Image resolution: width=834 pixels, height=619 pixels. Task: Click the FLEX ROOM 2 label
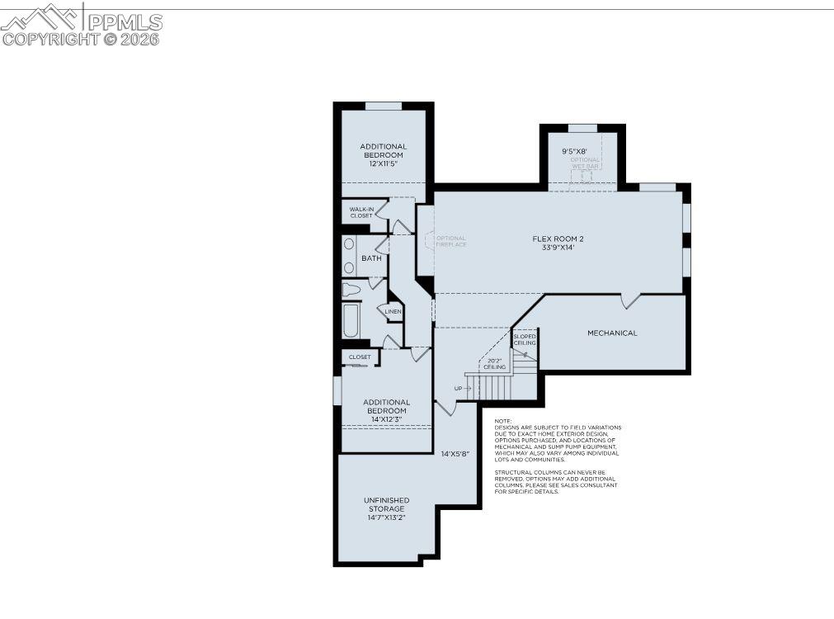click(x=558, y=239)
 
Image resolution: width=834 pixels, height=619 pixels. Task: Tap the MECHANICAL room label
click(x=612, y=333)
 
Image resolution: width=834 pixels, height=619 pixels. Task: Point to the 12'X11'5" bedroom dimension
click(x=383, y=164)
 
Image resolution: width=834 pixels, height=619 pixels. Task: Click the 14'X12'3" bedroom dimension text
click(x=387, y=419)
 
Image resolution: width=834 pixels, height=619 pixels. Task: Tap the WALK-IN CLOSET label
click(x=361, y=212)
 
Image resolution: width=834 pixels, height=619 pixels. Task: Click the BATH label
click(x=371, y=258)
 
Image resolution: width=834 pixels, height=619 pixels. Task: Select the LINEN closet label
click(x=393, y=311)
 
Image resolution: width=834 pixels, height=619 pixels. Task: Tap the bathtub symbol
click(x=351, y=321)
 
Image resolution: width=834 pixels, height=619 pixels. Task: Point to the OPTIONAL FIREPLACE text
click(x=451, y=241)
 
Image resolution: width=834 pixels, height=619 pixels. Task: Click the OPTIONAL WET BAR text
click(x=586, y=163)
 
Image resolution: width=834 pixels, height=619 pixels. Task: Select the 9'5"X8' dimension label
click(x=574, y=151)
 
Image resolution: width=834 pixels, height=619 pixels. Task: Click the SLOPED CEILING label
click(x=525, y=339)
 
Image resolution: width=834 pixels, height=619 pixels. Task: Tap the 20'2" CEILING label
click(x=494, y=363)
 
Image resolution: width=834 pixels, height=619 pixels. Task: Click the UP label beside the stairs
click(x=458, y=388)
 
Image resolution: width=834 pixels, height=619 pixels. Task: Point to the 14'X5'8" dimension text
click(x=455, y=453)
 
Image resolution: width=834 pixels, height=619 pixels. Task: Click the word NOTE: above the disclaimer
click(x=503, y=421)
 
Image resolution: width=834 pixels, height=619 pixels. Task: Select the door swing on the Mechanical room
click(x=631, y=301)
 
